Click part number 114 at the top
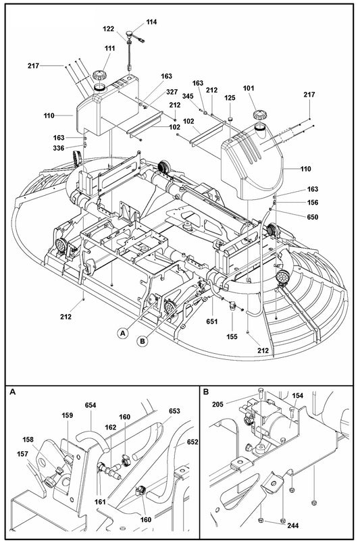(151, 22)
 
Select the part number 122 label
(109, 29)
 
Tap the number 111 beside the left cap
(109, 49)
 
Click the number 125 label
(230, 99)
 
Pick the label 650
(312, 217)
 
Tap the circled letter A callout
(122, 332)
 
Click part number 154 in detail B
(297, 396)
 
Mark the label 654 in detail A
(90, 405)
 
